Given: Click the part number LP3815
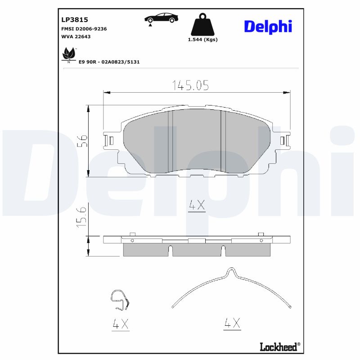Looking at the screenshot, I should click(74, 20).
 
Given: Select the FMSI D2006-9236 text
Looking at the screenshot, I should click(84, 28).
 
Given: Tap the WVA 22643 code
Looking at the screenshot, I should click(76, 36).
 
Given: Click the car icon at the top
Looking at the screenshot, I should click(161, 18).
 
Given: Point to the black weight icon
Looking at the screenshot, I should click(202, 25).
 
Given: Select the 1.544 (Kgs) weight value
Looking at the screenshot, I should click(202, 40).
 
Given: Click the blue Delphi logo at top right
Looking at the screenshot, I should click(268, 26).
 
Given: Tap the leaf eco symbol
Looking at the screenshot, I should click(68, 54).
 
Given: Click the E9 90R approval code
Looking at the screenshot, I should click(109, 62).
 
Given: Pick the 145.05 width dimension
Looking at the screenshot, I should click(190, 85).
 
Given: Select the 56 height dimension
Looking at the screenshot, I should click(81, 141).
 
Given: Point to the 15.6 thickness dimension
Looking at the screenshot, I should click(81, 217).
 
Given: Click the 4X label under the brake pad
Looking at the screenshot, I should click(197, 206).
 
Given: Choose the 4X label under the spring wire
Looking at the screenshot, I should click(232, 323).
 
